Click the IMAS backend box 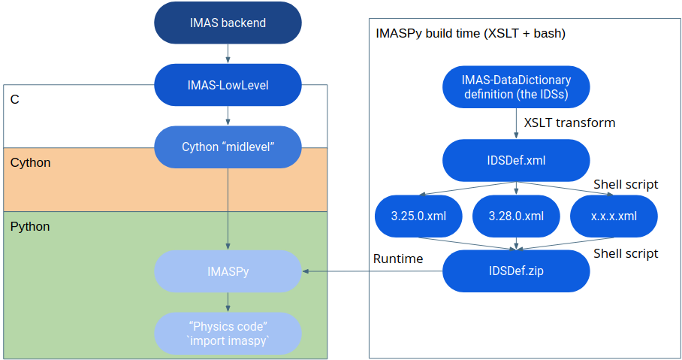click(228, 23)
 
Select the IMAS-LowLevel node click(228, 85)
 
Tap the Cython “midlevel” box click(228, 147)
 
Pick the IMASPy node click(228, 271)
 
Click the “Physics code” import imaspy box click(228, 334)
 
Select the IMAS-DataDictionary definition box click(516, 87)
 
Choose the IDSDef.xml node click(516, 160)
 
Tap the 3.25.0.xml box click(418, 216)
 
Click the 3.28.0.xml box click(516, 216)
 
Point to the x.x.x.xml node click(614, 216)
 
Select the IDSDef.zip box click(516, 271)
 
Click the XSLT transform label click(569, 123)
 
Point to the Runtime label click(398, 259)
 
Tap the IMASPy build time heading click(471, 34)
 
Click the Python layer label click(30, 227)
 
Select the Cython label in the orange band click(31, 163)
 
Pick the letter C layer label click(15, 100)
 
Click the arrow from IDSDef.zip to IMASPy click(373, 271)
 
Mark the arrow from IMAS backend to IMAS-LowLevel click(228, 53)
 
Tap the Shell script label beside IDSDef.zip click(626, 254)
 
